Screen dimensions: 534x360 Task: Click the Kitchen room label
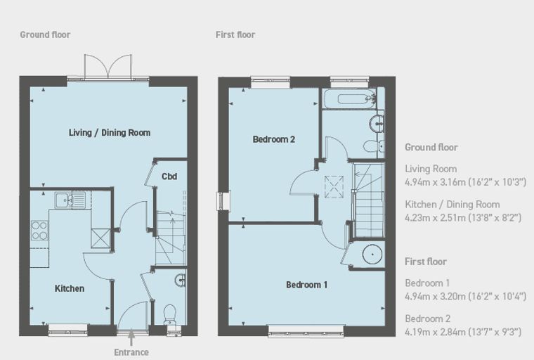[x=70, y=288]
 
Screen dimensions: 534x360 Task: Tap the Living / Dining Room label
[x=110, y=133]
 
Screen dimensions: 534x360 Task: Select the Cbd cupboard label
[x=169, y=176]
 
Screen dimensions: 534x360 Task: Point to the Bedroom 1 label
[x=306, y=285]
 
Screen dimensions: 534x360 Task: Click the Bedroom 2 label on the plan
[x=274, y=139]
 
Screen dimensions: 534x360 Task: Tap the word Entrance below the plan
[x=131, y=352]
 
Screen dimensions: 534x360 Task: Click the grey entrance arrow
[x=131, y=338]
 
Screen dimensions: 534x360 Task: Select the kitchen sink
[x=70, y=200]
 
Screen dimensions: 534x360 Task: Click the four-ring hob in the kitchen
[x=39, y=231]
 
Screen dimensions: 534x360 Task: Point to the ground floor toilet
[x=169, y=315]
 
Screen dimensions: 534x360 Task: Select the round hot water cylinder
[x=372, y=255]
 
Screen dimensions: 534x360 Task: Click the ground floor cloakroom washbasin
[x=181, y=281]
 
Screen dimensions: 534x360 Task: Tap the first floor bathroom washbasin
[x=377, y=124]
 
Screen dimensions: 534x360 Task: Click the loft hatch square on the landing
[x=334, y=186]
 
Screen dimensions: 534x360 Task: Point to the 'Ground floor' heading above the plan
[x=45, y=34]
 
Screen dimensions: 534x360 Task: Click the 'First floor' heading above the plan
[x=235, y=34]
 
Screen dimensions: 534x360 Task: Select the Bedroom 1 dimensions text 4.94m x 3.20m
[x=435, y=296]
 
